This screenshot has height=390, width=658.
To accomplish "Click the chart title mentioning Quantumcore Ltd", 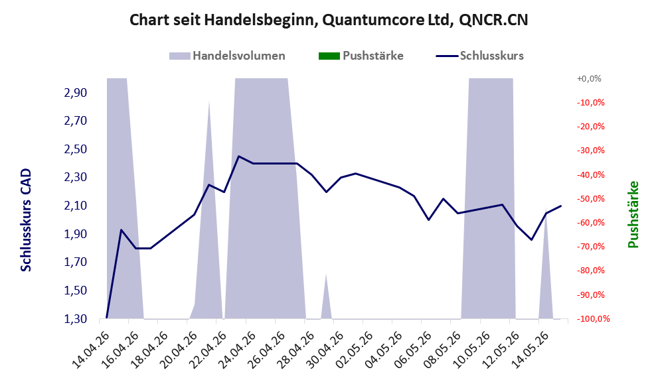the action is pyautogui.click(x=329, y=20).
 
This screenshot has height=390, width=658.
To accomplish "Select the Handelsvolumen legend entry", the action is pyautogui.click(x=227, y=56).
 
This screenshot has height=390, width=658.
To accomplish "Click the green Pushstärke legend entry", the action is pyautogui.click(x=361, y=56).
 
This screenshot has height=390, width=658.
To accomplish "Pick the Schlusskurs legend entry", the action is pyautogui.click(x=479, y=56).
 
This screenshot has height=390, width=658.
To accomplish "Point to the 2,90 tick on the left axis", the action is pyautogui.click(x=76, y=93).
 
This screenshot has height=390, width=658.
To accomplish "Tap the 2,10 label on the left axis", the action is pyautogui.click(x=76, y=206).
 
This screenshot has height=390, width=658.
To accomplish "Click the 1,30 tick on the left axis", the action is pyautogui.click(x=76, y=319).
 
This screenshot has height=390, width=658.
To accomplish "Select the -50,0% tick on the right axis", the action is pyautogui.click(x=590, y=198).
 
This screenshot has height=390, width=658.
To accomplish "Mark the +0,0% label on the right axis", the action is pyautogui.click(x=589, y=78).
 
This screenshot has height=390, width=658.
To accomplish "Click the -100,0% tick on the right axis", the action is pyautogui.click(x=593, y=319).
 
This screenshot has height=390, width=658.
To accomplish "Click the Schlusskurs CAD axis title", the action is pyautogui.click(x=26, y=220).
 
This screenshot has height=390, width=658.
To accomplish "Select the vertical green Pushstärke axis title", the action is pyautogui.click(x=633, y=214).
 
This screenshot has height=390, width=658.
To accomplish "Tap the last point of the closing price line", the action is pyautogui.click(x=561, y=206).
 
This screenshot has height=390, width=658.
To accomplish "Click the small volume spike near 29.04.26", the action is pyautogui.click(x=327, y=296).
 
